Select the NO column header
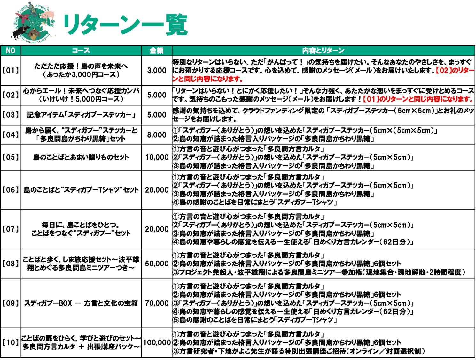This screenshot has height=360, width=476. point(11,51)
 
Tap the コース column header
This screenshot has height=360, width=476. point(81,51)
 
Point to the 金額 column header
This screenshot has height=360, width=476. point(157,51)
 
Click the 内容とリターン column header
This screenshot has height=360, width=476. point(323,51)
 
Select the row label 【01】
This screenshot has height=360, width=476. point(11,70)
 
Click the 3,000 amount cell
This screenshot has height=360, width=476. point(157,70)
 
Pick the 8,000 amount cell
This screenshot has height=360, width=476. point(157,135)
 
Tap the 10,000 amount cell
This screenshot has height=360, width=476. point(157,157)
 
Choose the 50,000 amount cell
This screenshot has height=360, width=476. point(157,264)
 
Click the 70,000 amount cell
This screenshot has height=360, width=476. point(157,303)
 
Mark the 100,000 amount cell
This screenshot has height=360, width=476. point(157,342)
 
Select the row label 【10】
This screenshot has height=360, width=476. point(11,342)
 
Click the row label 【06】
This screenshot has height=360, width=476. point(11,190)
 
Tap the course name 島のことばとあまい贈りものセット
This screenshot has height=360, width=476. point(81,157)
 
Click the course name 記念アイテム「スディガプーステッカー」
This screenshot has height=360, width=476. point(81,115)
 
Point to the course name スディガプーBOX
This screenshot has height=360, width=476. point(48,303)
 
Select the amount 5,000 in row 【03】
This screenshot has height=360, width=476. point(157,115)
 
